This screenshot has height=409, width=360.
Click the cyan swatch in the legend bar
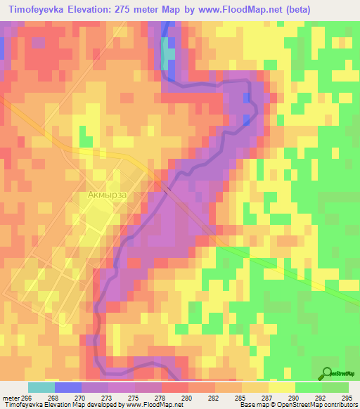(x=41, y=387)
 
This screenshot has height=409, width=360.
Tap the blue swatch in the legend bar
(x=67, y=387)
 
